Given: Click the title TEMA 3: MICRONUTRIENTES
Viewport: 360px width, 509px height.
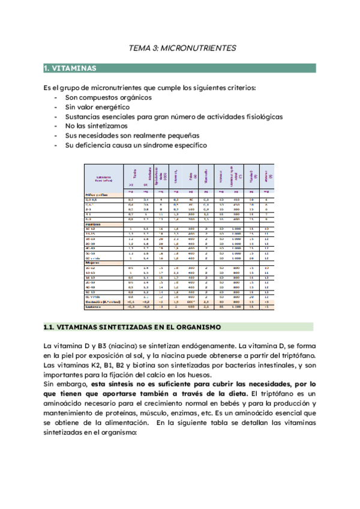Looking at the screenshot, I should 184,47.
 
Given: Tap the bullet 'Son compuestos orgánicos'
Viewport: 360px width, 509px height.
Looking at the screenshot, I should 108,97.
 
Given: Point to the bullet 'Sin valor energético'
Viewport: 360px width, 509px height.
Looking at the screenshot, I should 97,107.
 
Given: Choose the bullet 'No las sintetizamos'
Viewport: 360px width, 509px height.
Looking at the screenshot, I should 97,126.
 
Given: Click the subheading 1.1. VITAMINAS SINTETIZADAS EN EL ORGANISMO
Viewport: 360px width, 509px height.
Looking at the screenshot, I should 132,327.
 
